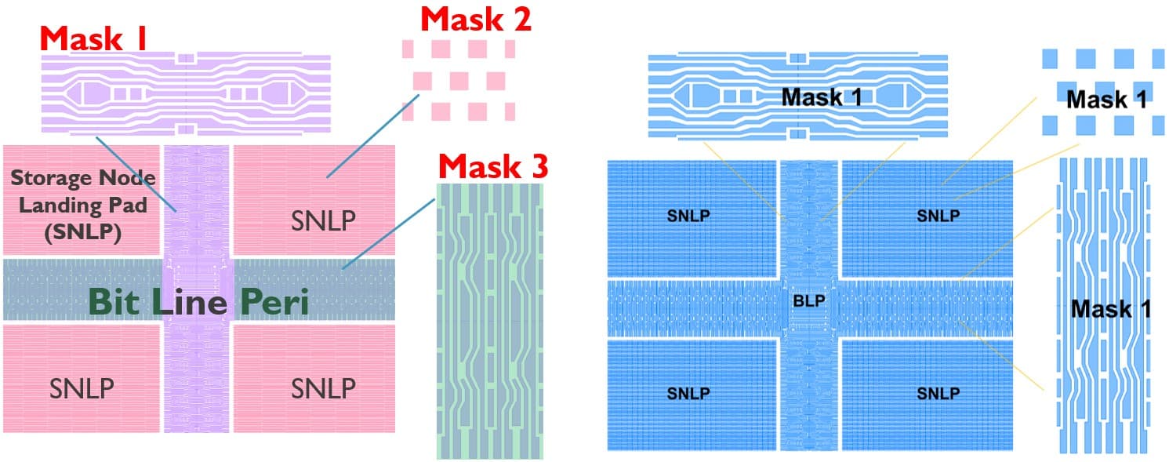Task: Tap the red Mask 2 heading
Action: pyautogui.click(x=476, y=20)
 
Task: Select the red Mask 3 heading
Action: pyautogui.click(x=492, y=166)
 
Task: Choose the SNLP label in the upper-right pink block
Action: pyautogui.click(x=323, y=221)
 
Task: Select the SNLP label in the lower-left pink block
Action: pyautogui.click(x=82, y=387)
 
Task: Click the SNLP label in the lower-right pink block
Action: pyautogui.click(x=323, y=387)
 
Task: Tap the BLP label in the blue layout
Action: pyautogui.click(x=809, y=300)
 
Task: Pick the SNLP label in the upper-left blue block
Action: pyautogui.click(x=689, y=216)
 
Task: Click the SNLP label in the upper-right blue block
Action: pyautogui.click(x=938, y=216)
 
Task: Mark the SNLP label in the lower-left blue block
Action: pyautogui.click(x=689, y=392)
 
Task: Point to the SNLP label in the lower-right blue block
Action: pyautogui.click(x=938, y=392)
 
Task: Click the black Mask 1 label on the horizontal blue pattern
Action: pyautogui.click(x=822, y=97)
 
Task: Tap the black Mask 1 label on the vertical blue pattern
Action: pyautogui.click(x=1110, y=308)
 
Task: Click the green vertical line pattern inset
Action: pyautogui.click(x=489, y=322)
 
